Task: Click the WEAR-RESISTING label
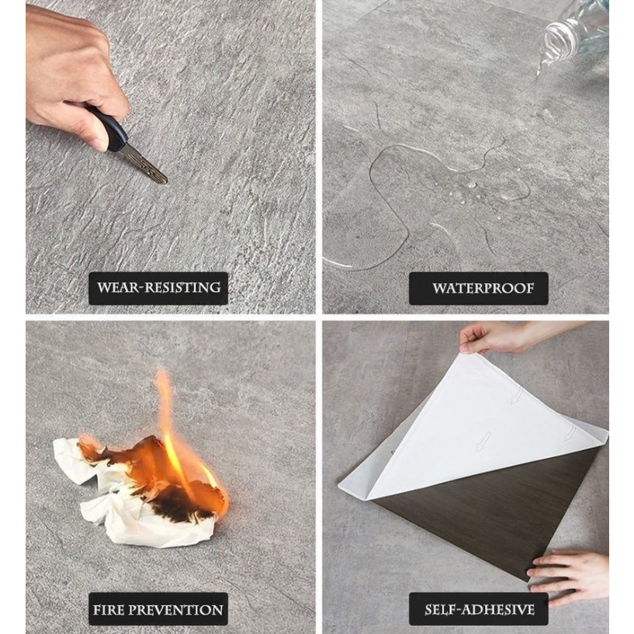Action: pos(158,288)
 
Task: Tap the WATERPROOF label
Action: pos(479,289)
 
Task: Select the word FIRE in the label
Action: pos(107,610)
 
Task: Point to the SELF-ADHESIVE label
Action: pos(479,609)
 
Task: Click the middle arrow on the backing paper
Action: pos(483,441)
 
